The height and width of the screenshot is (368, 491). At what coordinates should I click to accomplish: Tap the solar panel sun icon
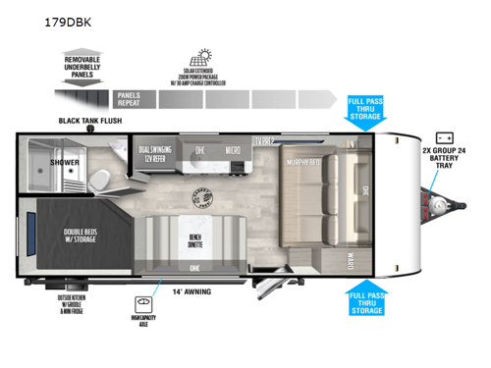coord(207,56)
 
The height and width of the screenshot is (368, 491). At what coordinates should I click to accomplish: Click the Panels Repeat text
coord(129,98)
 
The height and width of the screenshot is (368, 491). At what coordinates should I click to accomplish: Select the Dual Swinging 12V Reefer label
coord(158,155)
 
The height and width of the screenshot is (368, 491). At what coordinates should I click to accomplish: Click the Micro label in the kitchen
coord(232,150)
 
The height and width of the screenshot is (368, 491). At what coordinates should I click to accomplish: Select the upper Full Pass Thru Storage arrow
coord(365,111)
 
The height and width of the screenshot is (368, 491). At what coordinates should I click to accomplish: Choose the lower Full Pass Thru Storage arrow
coord(365,302)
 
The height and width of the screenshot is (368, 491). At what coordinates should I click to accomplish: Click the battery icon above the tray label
coord(444,137)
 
